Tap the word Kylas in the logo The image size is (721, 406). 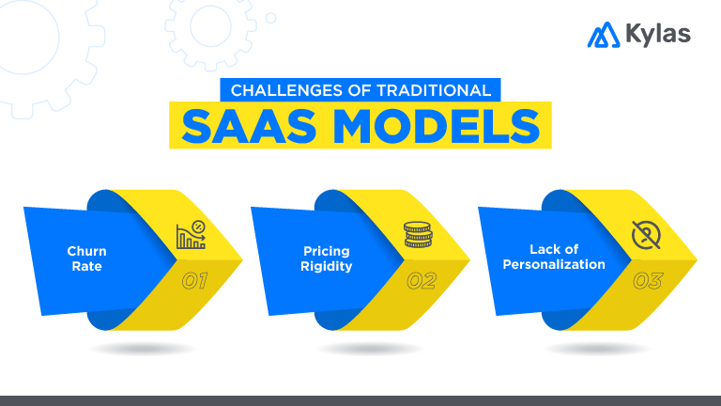657,35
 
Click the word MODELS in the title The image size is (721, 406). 428,126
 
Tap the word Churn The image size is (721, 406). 86,251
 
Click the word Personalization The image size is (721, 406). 554,264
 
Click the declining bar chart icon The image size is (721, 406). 191,235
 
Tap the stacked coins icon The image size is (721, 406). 419,235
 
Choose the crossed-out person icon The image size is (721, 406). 647,235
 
